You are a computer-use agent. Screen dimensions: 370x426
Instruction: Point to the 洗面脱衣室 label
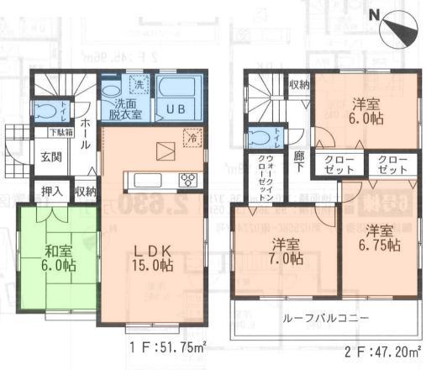click(122, 107)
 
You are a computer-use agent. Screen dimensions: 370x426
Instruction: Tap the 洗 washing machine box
click(139, 84)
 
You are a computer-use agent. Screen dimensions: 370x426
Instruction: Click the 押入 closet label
click(52, 192)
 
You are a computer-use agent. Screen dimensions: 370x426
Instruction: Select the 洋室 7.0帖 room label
click(287, 252)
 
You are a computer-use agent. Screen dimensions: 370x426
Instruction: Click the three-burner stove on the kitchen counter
click(187, 179)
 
